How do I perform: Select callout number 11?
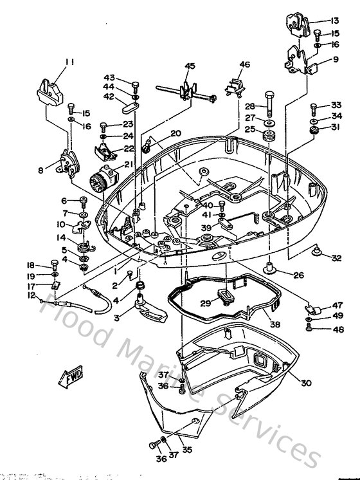click(x=69, y=62)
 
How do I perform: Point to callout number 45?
click(x=190, y=66)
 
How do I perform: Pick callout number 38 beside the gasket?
click(x=275, y=325)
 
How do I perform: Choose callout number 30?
click(x=305, y=383)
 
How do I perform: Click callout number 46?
click(x=244, y=64)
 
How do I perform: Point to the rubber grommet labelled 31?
click(x=316, y=132)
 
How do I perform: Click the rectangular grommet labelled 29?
click(x=224, y=297)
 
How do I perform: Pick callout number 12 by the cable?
click(x=30, y=295)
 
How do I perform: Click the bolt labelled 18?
click(x=54, y=265)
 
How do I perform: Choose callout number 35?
click(x=187, y=450)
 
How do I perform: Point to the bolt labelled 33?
click(x=314, y=107)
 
